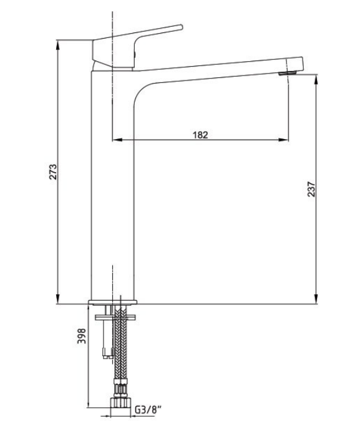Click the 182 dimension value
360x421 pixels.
click(200, 135)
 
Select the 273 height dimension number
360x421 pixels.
click(53, 172)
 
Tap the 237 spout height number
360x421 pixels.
click(311, 189)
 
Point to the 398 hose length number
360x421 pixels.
click(81, 336)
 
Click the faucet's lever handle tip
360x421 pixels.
click(182, 27)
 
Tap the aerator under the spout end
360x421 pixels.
click(288, 73)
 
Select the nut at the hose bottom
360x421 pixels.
click(120, 402)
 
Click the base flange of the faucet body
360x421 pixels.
click(112, 302)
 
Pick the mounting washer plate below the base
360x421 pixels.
click(115, 318)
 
